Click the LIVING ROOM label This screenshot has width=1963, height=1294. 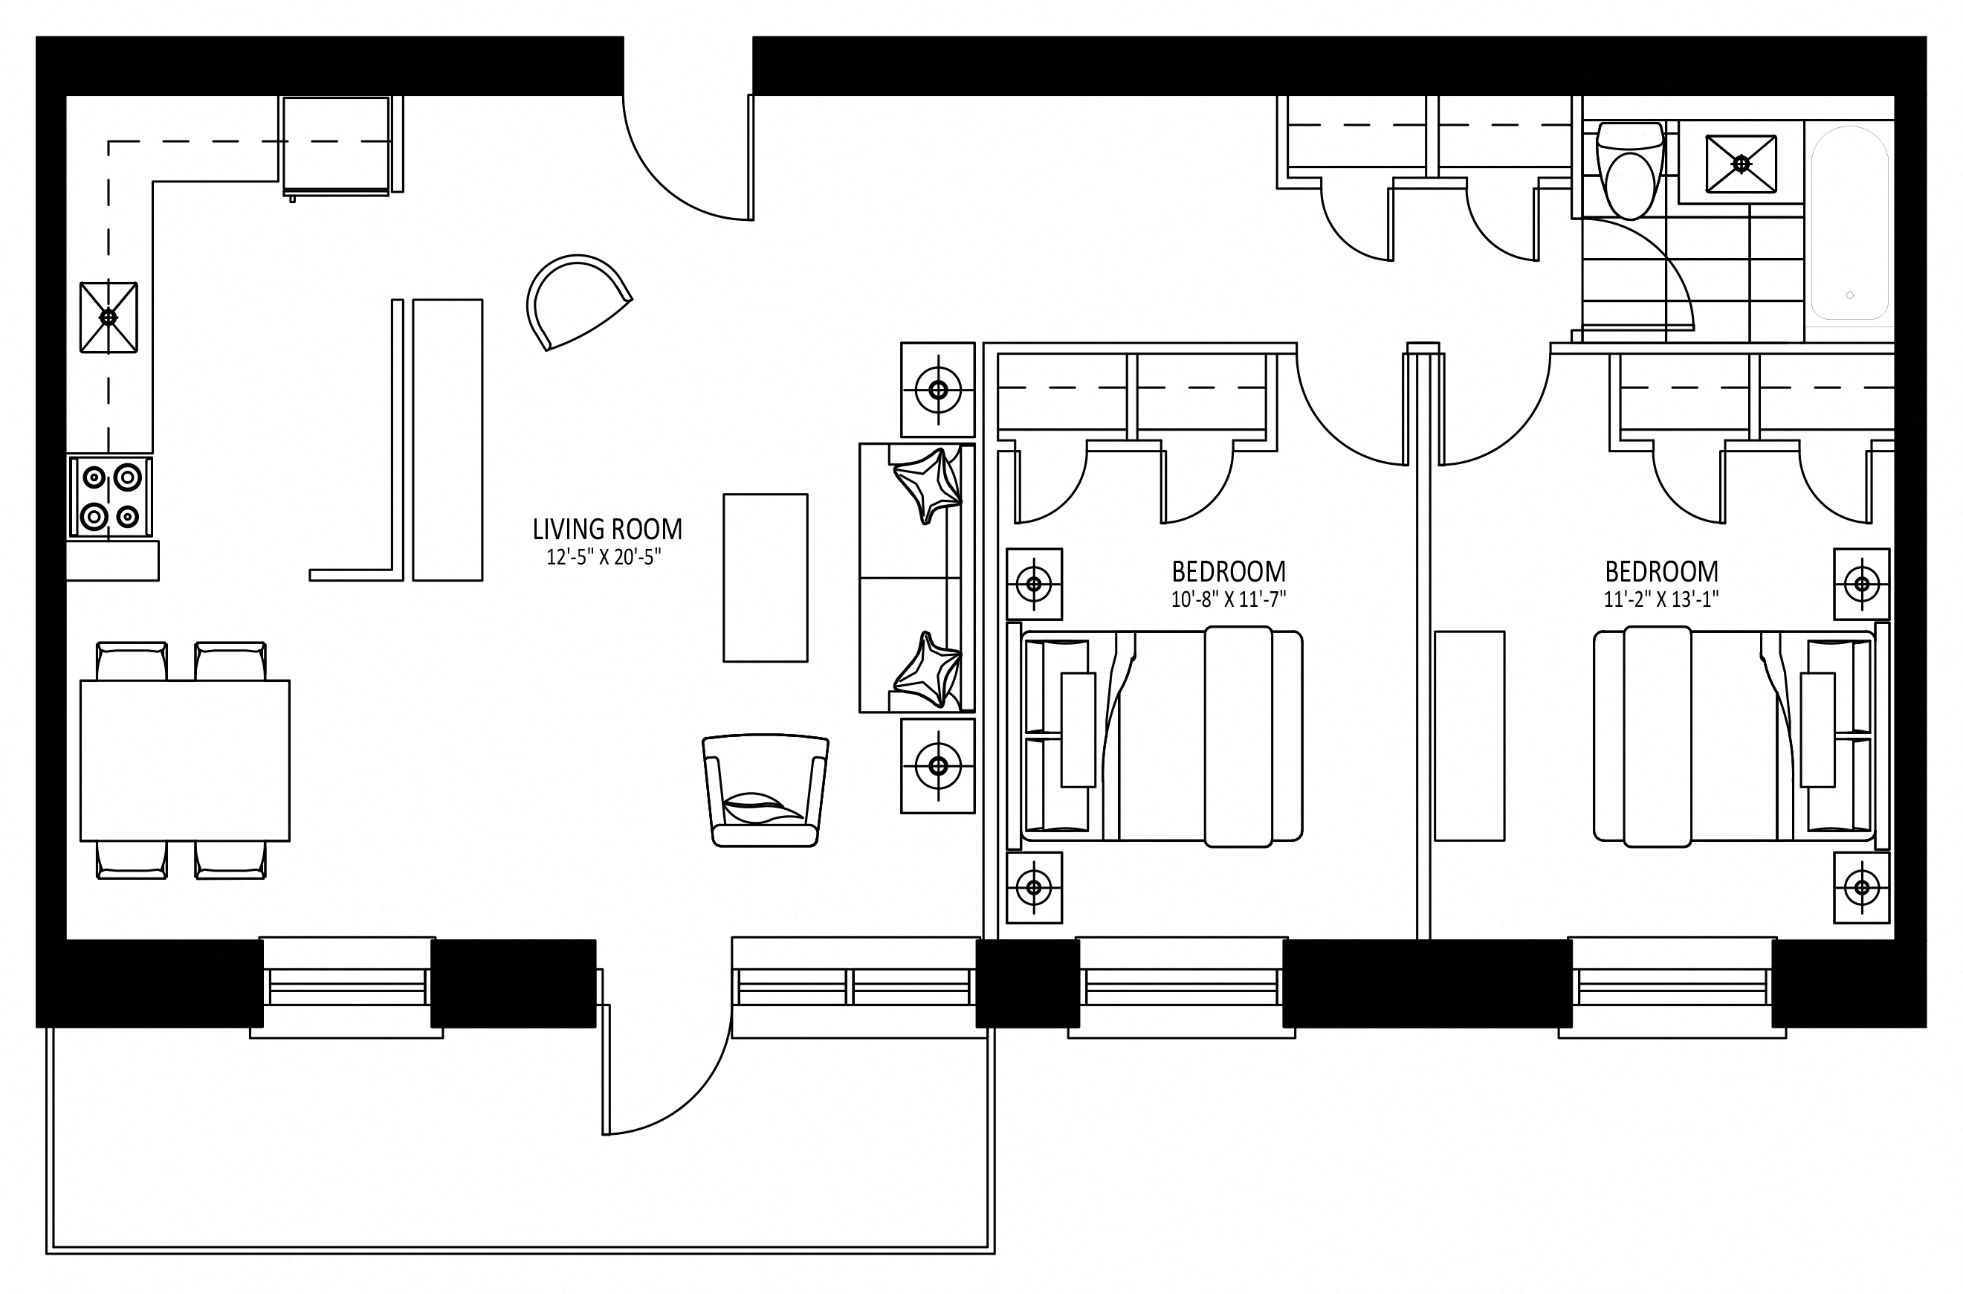click(x=607, y=528)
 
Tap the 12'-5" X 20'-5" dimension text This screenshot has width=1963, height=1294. click(x=604, y=558)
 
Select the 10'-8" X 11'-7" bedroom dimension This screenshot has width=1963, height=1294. click(x=1229, y=599)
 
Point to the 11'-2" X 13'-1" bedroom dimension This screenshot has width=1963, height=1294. click(x=1661, y=599)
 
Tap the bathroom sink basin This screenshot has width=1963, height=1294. click(x=1742, y=164)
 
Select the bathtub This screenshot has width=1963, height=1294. click(x=1849, y=223)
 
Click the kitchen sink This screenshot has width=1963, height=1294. click(x=108, y=317)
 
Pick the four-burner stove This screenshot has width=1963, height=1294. click(x=110, y=497)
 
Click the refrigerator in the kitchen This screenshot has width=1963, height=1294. click(x=336, y=146)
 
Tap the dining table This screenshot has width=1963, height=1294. click(x=185, y=760)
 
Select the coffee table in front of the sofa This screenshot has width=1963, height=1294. click(x=766, y=578)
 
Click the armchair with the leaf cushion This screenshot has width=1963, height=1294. click(x=766, y=791)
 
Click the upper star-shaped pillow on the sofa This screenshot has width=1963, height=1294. click(x=928, y=485)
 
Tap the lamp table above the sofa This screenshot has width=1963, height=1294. click(x=938, y=390)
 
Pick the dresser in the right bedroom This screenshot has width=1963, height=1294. click(x=1469, y=736)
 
